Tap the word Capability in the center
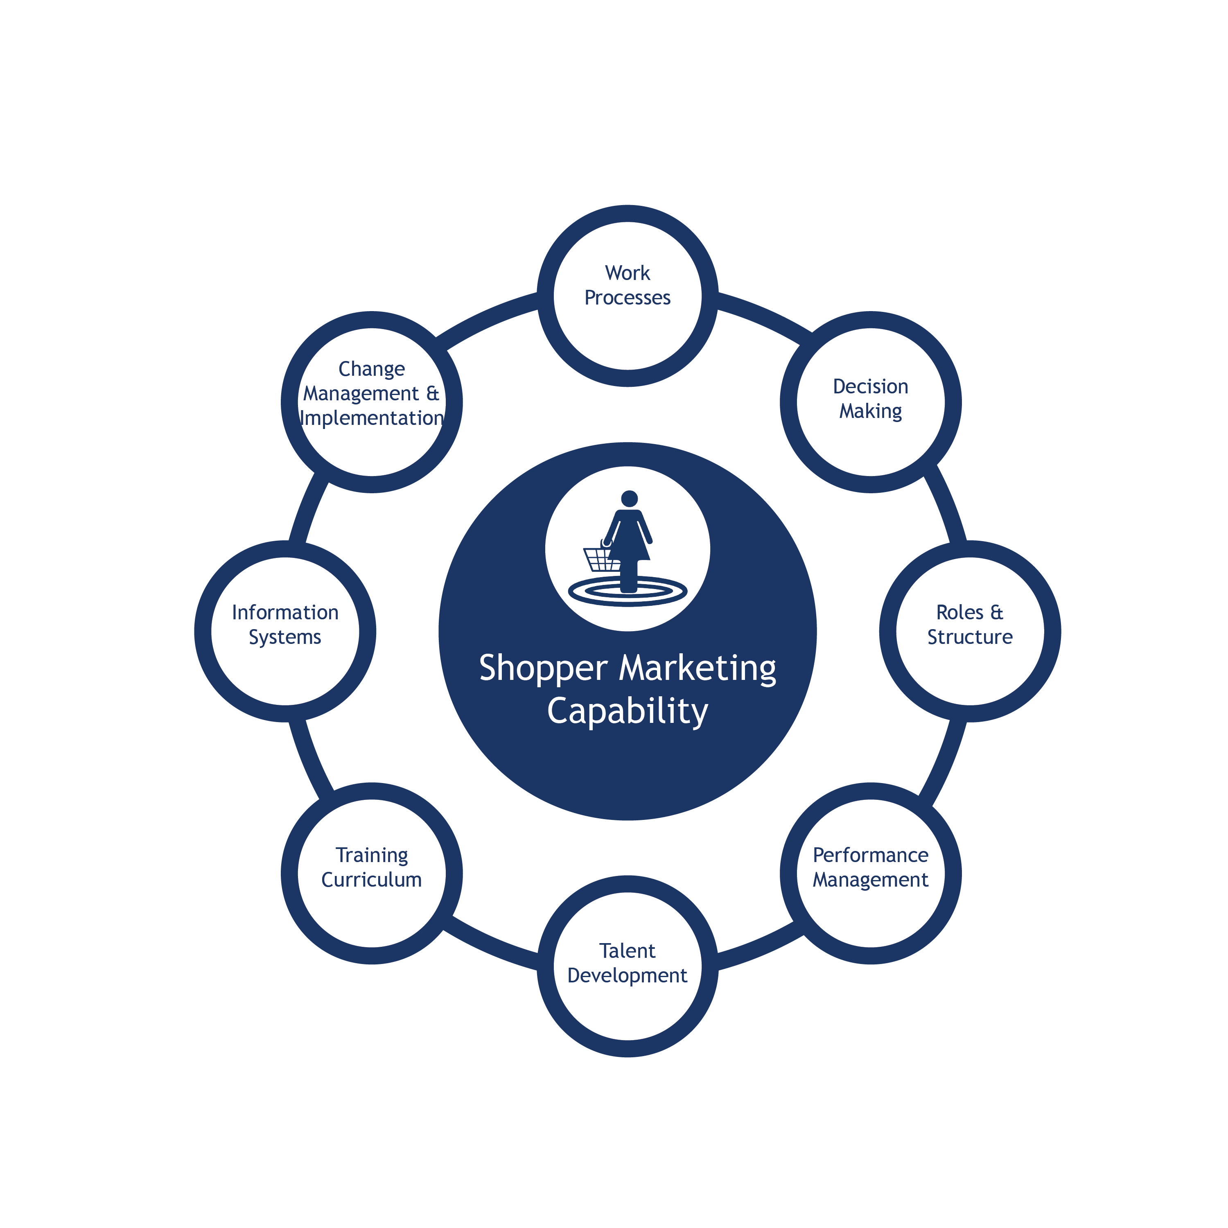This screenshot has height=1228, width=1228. pyautogui.click(x=628, y=712)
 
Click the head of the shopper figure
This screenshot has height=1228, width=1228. pyautogui.click(x=629, y=498)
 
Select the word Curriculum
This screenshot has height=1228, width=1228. pyautogui.click(x=371, y=880)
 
